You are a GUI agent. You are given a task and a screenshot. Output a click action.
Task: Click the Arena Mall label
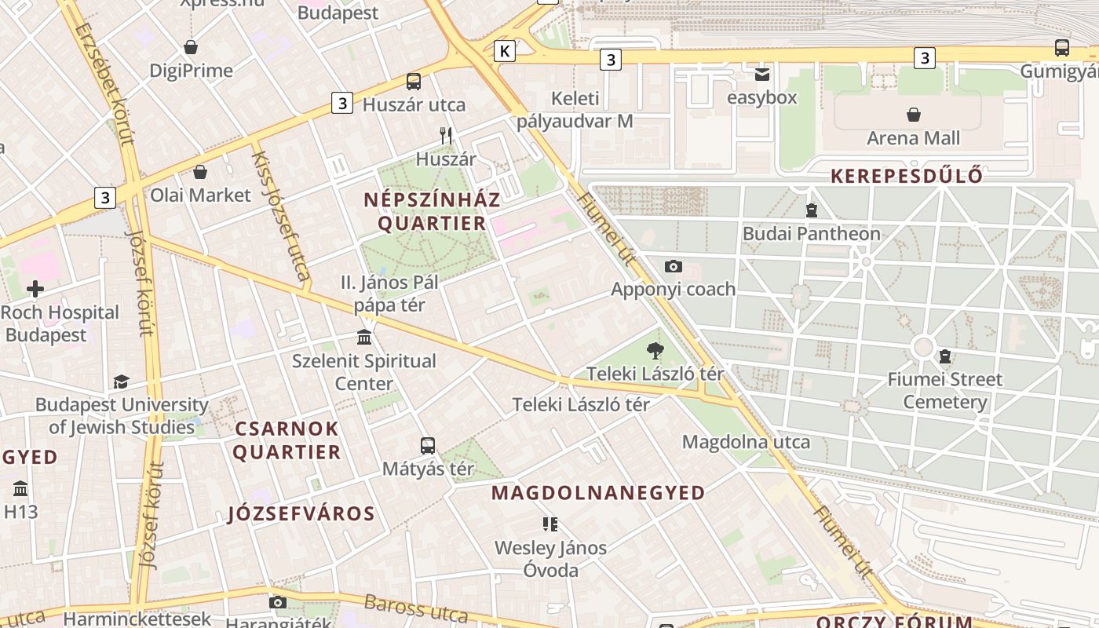913,138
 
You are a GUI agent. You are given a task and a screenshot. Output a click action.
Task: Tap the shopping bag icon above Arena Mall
914,115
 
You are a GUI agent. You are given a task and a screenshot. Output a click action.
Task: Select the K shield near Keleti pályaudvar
505,52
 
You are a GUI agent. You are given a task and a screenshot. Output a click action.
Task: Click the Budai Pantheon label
811,234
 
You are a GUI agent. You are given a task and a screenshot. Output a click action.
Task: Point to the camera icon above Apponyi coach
673,267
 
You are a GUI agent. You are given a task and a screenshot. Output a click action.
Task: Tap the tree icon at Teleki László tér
655,351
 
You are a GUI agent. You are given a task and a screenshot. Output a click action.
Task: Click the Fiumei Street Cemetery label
944,391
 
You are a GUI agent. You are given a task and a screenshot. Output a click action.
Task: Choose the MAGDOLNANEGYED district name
598,493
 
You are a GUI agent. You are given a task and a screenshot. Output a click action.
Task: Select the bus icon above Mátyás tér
428,446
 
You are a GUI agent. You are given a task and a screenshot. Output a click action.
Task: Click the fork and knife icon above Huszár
446,135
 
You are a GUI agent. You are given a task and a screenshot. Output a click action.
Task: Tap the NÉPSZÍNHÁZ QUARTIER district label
432,211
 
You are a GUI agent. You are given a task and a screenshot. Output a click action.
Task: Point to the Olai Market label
200,195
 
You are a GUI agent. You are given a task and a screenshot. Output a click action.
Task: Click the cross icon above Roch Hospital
35,289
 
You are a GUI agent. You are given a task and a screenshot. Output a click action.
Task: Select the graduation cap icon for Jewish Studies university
121,382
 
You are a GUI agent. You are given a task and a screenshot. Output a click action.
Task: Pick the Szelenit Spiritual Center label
363,372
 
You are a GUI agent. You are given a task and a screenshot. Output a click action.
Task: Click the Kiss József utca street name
280,216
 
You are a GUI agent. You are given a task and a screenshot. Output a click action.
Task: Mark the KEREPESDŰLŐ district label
906,176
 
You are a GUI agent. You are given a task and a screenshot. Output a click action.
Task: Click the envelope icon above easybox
761,75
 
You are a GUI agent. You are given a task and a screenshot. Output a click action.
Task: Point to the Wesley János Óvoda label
550,559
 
